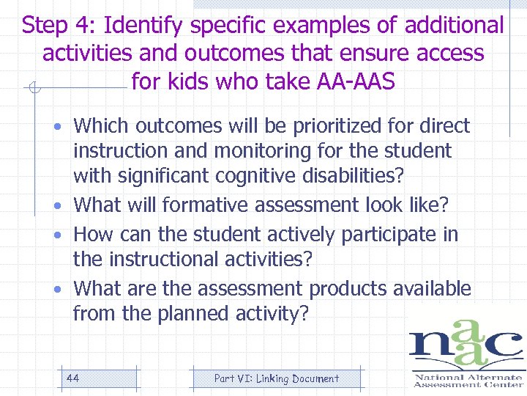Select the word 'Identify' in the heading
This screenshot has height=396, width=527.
coord(143,26)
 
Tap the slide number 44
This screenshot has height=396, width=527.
coord(72,378)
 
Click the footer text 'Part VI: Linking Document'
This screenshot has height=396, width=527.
coord(276,378)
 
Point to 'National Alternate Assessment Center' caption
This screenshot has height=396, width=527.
coord(468,381)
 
